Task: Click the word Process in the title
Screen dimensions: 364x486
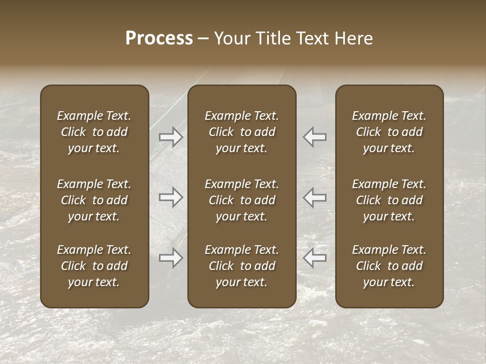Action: (159, 38)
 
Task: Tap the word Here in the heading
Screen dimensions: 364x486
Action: (354, 38)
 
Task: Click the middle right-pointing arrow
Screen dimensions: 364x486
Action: (171, 197)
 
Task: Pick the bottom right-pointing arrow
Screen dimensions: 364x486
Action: (171, 258)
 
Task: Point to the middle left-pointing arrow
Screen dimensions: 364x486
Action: (315, 197)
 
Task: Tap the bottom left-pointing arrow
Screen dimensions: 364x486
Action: (315, 258)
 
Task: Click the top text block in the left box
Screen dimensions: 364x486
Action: (94, 132)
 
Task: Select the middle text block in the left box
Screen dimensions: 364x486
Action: (94, 200)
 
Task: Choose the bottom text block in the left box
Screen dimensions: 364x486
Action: (94, 266)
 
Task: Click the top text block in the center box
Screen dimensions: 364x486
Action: (242, 132)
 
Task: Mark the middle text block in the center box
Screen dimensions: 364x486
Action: (242, 200)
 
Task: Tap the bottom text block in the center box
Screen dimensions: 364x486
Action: (242, 266)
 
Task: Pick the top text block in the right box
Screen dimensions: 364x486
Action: (389, 132)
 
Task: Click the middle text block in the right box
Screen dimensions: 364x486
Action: (389, 200)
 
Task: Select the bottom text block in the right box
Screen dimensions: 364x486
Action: (389, 266)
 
